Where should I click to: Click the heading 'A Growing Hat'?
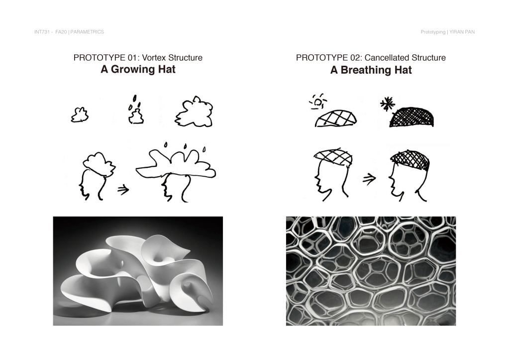click(x=138, y=70)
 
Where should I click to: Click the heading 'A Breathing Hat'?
click(x=371, y=70)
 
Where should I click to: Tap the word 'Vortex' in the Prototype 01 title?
click(x=154, y=58)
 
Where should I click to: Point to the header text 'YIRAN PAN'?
click(x=462, y=32)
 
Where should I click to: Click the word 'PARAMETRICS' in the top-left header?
click(x=87, y=32)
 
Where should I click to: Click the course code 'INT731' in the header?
click(x=42, y=32)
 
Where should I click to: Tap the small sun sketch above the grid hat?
click(x=318, y=102)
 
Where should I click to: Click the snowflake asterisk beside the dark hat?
click(x=387, y=105)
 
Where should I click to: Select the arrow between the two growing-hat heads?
click(x=123, y=189)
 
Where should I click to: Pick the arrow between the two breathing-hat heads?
click(x=369, y=179)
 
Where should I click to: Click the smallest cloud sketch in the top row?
click(x=80, y=115)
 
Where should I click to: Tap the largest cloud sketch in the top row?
click(x=194, y=112)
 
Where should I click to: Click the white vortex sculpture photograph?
click(x=138, y=271)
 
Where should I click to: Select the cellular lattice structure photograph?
click(x=371, y=271)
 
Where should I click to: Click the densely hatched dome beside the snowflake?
click(x=411, y=117)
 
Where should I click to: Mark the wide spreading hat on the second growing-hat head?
click(x=176, y=164)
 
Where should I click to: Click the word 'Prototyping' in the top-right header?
click(x=433, y=32)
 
